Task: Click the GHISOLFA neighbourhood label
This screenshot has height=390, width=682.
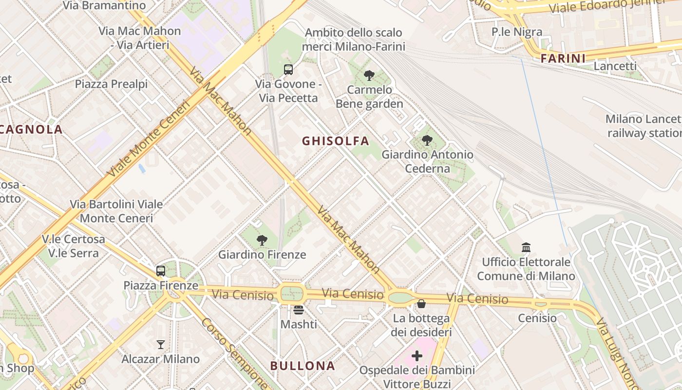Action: coord(335,141)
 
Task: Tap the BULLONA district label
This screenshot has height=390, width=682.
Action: coord(303,366)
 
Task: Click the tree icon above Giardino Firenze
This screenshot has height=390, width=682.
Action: coord(262,240)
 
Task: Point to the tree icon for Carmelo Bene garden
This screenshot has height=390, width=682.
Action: coord(369,76)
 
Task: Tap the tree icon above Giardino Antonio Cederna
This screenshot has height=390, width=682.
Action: coord(427,140)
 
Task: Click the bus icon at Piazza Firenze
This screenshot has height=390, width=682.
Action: coord(161,271)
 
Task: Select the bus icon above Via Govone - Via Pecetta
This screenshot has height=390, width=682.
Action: coord(288,70)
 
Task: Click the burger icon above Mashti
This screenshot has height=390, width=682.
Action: coord(299,310)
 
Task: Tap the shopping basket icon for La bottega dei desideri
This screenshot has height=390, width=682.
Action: coord(421,304)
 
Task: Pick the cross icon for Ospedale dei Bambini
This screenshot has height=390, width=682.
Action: coord(417,356)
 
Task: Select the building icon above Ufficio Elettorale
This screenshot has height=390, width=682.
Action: coord(526,248)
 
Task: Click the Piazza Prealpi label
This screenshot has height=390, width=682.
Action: coord(111,84)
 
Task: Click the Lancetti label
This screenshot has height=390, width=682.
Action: coord(615,66)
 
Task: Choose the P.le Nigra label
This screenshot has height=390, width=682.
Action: coord(516,32)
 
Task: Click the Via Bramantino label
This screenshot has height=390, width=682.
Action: coord(104,6)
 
